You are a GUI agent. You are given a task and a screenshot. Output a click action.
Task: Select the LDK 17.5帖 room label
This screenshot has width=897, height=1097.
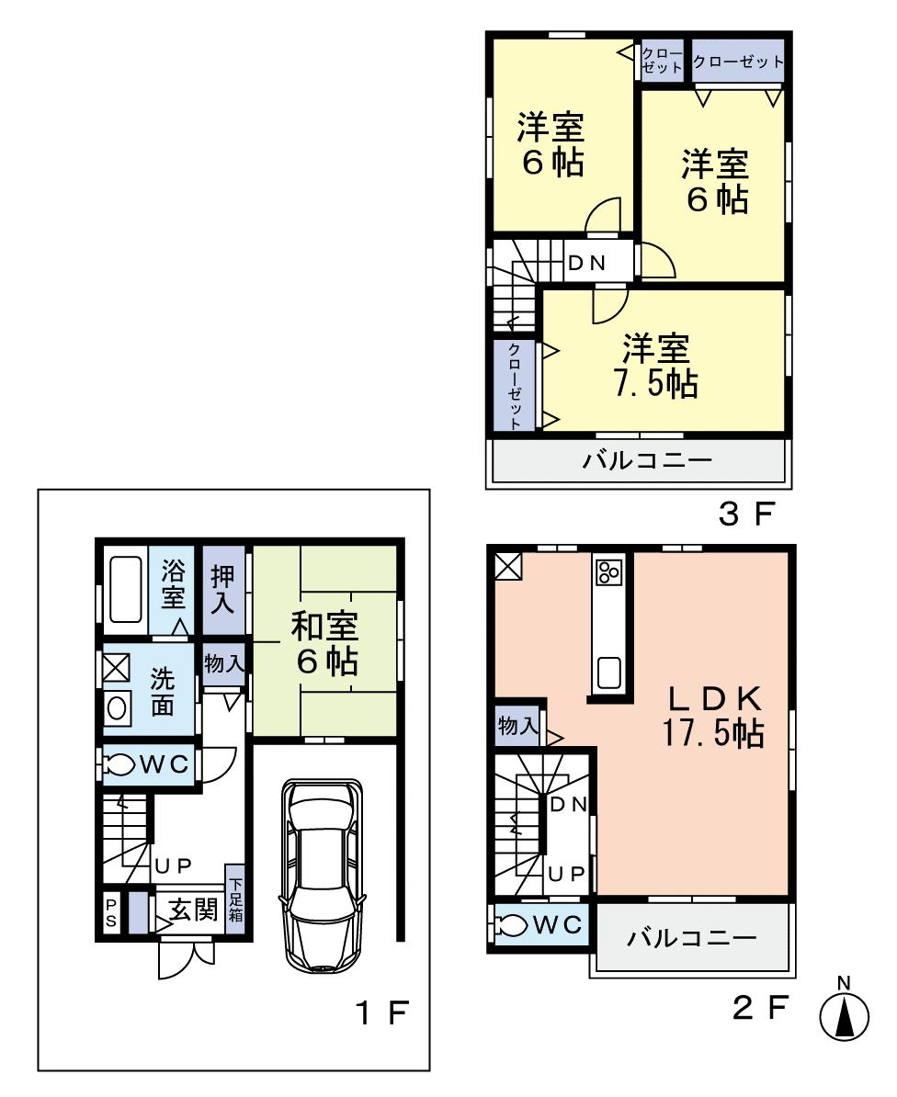pyautogui.click(x=712, y=716)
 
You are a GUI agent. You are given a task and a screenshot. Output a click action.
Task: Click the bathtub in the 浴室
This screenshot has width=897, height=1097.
pyautogui.click(x=123, y=587)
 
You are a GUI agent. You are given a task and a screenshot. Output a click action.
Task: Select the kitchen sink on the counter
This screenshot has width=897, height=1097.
pyautogui.click(x=609, y=673)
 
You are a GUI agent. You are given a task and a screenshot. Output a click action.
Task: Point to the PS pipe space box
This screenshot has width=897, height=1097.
pyautogui.click(x=110, y=913)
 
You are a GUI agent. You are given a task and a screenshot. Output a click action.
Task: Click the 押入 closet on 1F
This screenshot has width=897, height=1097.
pyautogui.click(x=223, y=590)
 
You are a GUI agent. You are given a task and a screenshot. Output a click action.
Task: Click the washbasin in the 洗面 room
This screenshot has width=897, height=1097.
pyautogui.click(x=117, y=708)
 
